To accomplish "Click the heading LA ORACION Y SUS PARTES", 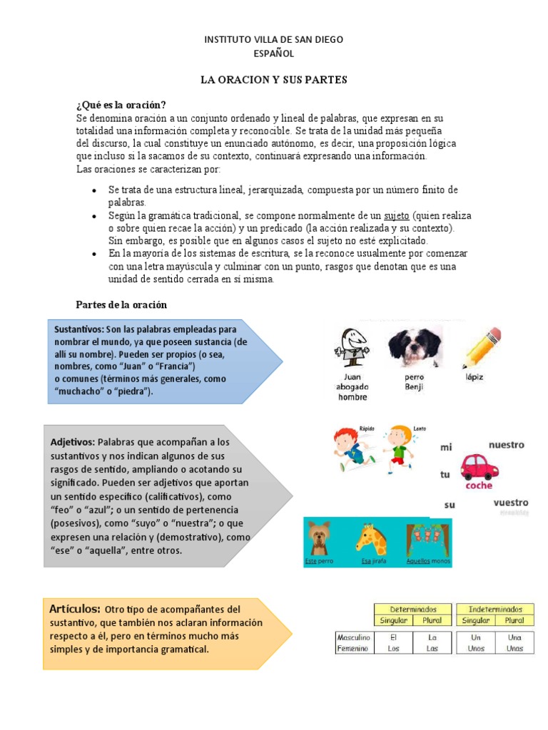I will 273,80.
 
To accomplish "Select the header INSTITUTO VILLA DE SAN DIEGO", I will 273,39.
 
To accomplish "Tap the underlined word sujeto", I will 396,215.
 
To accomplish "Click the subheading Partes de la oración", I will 121,304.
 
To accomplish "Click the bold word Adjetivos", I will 73,443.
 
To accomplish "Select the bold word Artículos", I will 75,609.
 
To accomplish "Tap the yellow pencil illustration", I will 482,347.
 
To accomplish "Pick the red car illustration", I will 479,467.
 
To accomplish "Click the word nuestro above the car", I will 506,445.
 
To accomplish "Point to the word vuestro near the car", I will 511,502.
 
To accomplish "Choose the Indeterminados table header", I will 495,610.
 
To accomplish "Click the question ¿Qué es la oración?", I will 121,105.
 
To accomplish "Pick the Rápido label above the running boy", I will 367,428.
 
